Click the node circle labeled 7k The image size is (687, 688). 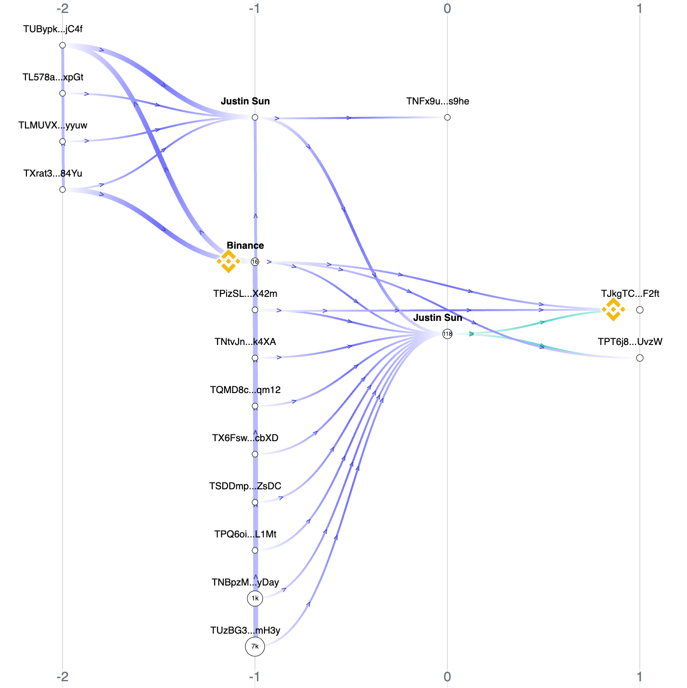tap(255, 647)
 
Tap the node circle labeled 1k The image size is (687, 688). tap(255, 599)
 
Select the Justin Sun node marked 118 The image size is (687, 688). tap(447, 334)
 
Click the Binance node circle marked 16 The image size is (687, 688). tap(255, 262)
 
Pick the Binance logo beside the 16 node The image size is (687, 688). tap(229, 261)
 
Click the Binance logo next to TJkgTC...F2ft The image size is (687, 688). tap(613, 309)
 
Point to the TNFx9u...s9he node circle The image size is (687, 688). tap(447, 117)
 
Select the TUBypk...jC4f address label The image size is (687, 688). tap(53, 29)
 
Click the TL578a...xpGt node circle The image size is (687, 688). tap(63, 93)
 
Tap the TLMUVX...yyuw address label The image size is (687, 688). tap(53, 126)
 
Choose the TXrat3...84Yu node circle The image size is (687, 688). tap(63, 190)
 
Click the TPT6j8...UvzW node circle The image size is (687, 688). tap(639, 358)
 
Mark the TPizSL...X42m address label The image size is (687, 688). tap(245, 293)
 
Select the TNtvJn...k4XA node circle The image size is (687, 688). tap(255, 358)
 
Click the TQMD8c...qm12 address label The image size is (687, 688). tap(245, 390)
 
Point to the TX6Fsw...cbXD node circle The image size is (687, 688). tap(255, 454)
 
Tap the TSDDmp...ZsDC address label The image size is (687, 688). tap(245, 486)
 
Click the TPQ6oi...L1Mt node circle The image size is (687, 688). tap(255, 550)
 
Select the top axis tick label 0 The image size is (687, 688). tap(447, 9)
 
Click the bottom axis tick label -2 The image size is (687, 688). tap(63, 677)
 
